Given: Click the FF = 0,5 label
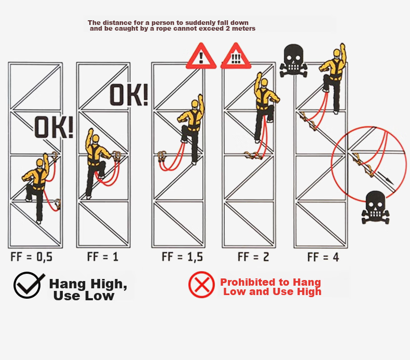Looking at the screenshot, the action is click(x=31, y=257).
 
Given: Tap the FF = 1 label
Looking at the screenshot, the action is click(x=103, y=257).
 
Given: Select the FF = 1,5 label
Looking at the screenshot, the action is click(x=182, y=257).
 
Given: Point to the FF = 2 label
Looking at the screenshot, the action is click(x=253, y=257).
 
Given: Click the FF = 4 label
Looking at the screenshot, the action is click(x=323, y=257).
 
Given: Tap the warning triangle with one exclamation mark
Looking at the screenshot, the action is click(x=201, y=56).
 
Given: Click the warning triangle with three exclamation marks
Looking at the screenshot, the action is click(x=236, y=56).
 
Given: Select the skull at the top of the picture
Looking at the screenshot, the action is click(x=293, y=60).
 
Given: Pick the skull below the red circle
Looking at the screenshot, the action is click(x=375, y=207).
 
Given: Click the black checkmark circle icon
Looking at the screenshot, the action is click(x=28, y=285).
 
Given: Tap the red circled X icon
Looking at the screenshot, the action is click(x=201, y=285).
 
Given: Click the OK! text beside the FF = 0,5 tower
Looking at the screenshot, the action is click(x=53, y=127).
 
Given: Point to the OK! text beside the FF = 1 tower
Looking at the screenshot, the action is click(x=129, y=95).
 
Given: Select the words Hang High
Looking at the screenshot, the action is click(x=88, y=284).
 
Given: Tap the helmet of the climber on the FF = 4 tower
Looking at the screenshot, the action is click(x=337, y=52).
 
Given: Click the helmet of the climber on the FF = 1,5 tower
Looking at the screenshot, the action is click(x=195, y=104).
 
